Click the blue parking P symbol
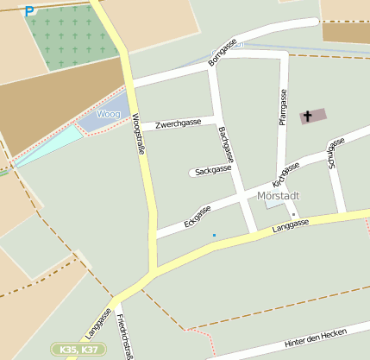(30, 11)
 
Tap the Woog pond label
(108, 114)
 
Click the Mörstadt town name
(279, 194)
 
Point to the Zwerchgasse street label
(178, 123)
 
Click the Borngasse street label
(223, 52)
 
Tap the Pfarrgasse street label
(283, 107)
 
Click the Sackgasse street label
(214, 171)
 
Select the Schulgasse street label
(333, 153)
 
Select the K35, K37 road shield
(78, 350)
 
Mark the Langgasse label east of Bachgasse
(291, 226)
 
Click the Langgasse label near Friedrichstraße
(97, 323)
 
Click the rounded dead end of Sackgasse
(192, 173)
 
